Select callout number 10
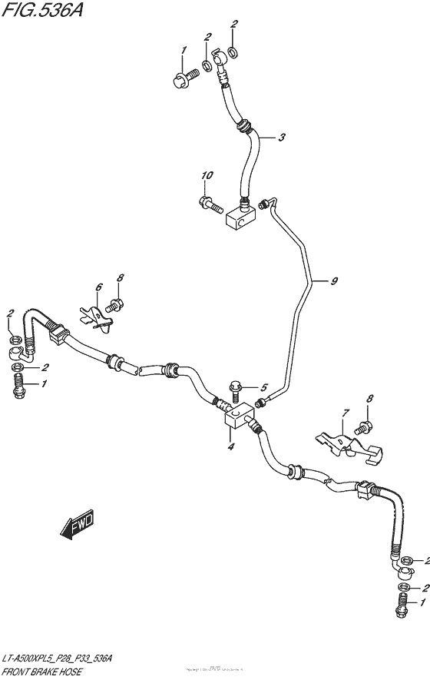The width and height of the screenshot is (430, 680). click(x=207, y=177)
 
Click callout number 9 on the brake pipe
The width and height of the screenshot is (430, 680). click(x=334, y=282)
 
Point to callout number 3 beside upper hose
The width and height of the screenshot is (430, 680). click(x=282, y=138)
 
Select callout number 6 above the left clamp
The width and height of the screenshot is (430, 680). click(x=98, y=287)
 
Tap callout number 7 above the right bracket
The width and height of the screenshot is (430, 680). click(x=346, y=413)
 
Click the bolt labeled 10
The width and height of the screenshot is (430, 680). click(x=210, y=204)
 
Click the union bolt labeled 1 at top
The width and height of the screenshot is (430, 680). click(x=184, y=75)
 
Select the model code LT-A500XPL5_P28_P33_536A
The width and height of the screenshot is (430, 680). click(x=58, y=659)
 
